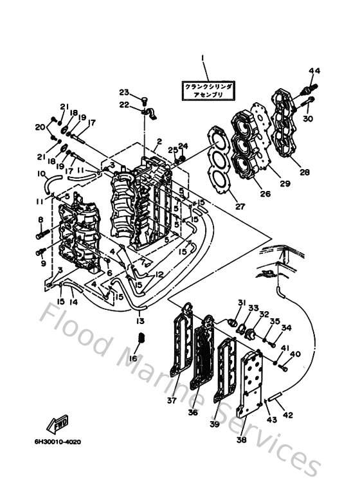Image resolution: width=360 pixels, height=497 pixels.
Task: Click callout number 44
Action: (x=314, y=70)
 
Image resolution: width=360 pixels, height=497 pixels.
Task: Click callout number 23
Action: (x=123, y=91)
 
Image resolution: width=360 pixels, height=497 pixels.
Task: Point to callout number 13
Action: (x=141, y=320)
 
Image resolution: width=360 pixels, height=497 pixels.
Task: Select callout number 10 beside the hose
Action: (x=40, y=174)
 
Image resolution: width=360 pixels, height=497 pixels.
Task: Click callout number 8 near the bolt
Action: (x=40, y=221)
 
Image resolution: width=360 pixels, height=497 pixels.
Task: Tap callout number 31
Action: (x=242, y=302)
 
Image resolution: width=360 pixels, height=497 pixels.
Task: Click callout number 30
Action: (x=308, y=118)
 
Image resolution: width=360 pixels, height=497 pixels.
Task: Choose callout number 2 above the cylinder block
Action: (x=159, y=141)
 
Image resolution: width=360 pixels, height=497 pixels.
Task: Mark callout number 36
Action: (x=193, y=412)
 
